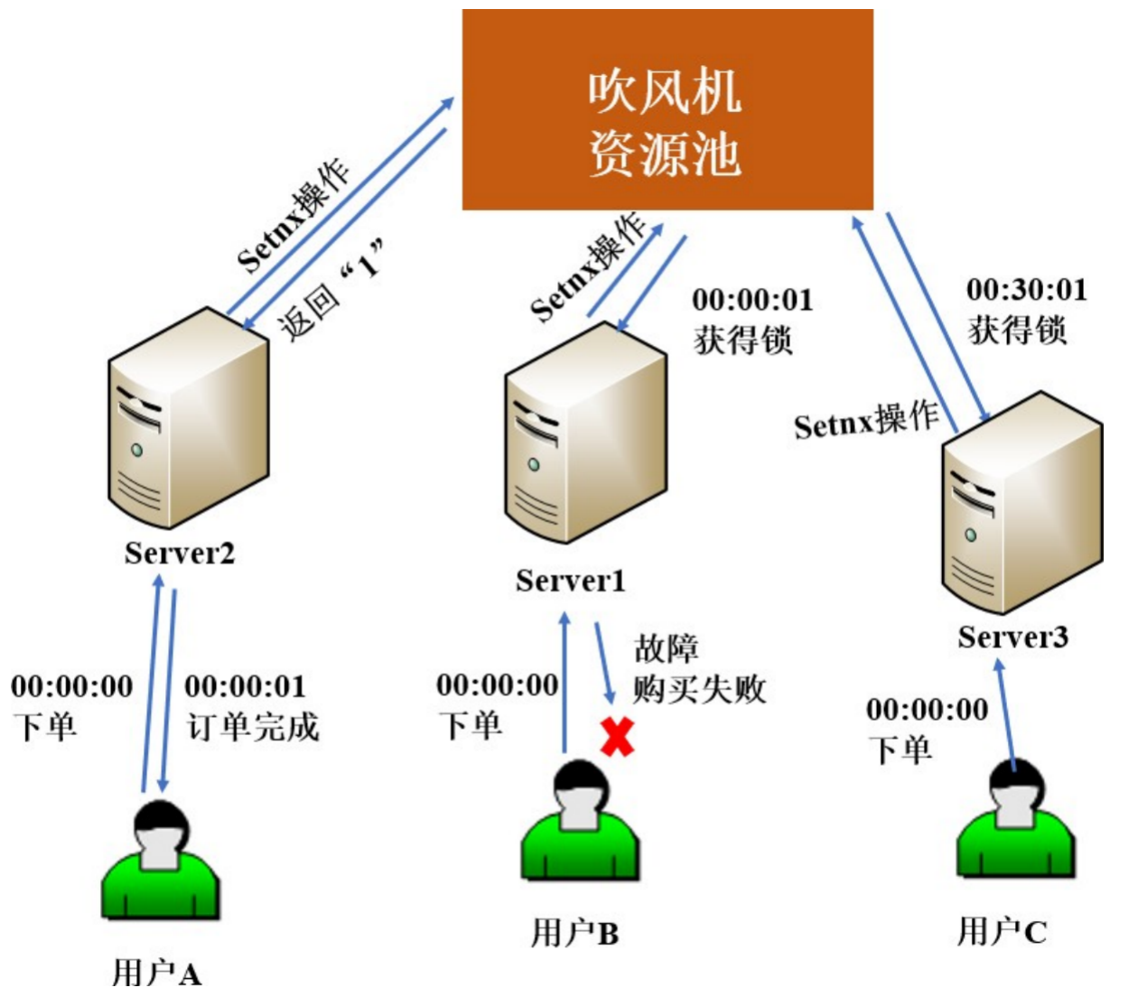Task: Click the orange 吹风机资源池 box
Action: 667,109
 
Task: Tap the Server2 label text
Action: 180,553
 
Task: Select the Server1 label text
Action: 570,581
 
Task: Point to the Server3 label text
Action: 1012,638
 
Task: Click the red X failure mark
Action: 618,737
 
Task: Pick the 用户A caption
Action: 156,973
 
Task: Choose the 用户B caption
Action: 574,933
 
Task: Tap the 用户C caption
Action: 1002,931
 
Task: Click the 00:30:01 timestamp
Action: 1027,290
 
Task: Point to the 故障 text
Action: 666,648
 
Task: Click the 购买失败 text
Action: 699,689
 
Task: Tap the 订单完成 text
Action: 253,727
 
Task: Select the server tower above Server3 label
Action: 1021,502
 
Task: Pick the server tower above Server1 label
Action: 584,433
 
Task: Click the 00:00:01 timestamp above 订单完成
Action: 245,686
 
